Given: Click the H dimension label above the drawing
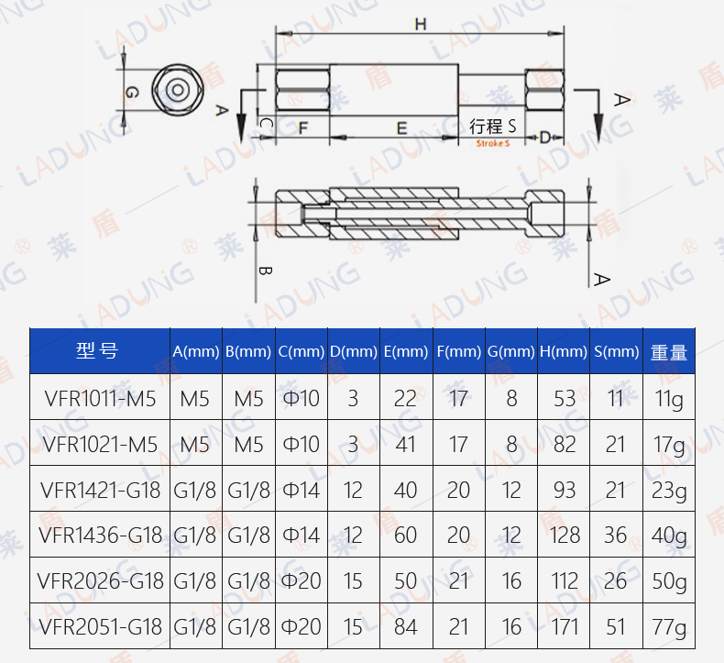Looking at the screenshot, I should pos(420,25).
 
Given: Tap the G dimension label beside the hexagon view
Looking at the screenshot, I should pos(132,93).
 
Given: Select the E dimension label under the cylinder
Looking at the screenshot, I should pos(401,128).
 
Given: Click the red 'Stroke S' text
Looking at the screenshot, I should pos(492,144).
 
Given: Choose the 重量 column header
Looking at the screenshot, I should pos(668,352).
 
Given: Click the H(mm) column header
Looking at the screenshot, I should pos(564,352).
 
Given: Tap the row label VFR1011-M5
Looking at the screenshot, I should pos(101,399).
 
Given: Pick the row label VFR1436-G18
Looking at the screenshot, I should pos(101,536).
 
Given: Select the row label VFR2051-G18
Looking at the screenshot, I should pos(101,627).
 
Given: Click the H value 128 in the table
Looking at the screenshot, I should pos(565,536).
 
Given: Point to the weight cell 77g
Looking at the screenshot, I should pos(669,627).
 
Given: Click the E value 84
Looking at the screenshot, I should pos(405,627).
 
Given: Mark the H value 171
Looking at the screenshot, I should pos(565,627).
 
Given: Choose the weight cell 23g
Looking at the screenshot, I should pos(669,491).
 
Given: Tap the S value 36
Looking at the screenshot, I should pos(615,536).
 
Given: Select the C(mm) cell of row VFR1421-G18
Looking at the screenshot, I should pos(301,491).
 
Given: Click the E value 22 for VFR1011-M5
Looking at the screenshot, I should pos(405,399).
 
